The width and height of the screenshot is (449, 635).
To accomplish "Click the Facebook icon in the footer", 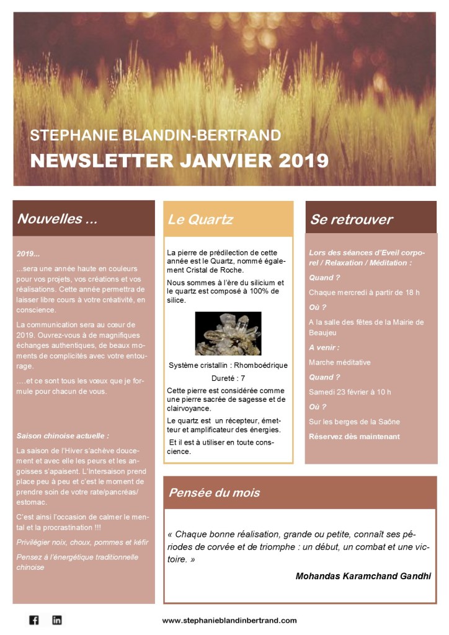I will pyautogui.click(x=34, y=619).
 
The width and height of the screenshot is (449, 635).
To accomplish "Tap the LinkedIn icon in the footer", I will pyautogui.click(x=57, y=619).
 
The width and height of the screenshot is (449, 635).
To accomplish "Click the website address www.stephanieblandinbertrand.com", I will pyautogui.click(x=229, y=620).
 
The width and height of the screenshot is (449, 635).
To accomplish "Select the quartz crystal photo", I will pyautogui.click(x=228, y=333).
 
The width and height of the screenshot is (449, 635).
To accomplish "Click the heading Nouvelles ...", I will pyautogui.click(x=57, y=219).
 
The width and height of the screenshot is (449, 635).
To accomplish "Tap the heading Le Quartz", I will pyautogui.click(x=200, y=220).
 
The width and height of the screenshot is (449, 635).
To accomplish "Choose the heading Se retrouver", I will pyautogui.click(x=351, y=220).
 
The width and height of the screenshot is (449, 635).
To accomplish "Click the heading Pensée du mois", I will pyautogui.click(x=214, y=493).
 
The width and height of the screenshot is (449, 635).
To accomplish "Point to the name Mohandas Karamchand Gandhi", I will pyautogui.click(x=363, y=576).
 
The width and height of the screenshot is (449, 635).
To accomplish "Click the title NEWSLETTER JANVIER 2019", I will pyautogui.click(x=179, y=160).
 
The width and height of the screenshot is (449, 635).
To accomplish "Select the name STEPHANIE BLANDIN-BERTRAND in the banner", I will pyautogui.click(x=155, y=135).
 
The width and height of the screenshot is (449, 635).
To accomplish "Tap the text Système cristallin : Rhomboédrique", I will pyautogui.click(x=228, y=365).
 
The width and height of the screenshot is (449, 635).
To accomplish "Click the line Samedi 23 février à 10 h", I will pyautogui.click(x=350, y=392).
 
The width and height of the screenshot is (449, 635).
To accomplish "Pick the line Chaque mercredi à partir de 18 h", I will pyautogui.click(x=364, y=293).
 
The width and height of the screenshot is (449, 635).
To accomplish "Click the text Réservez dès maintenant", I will pyautogui.click(x=354, y=437).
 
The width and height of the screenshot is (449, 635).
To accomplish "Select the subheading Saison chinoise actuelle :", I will pyautogui.click(x=63, y=436).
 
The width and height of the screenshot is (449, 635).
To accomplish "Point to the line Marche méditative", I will pyautogui.click(x=339, y=362).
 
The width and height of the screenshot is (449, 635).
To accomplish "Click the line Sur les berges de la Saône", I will pyautogui.click(x=354, y=422).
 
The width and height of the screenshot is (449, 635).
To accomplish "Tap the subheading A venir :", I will pyautogui.click(x=324, y=347).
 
